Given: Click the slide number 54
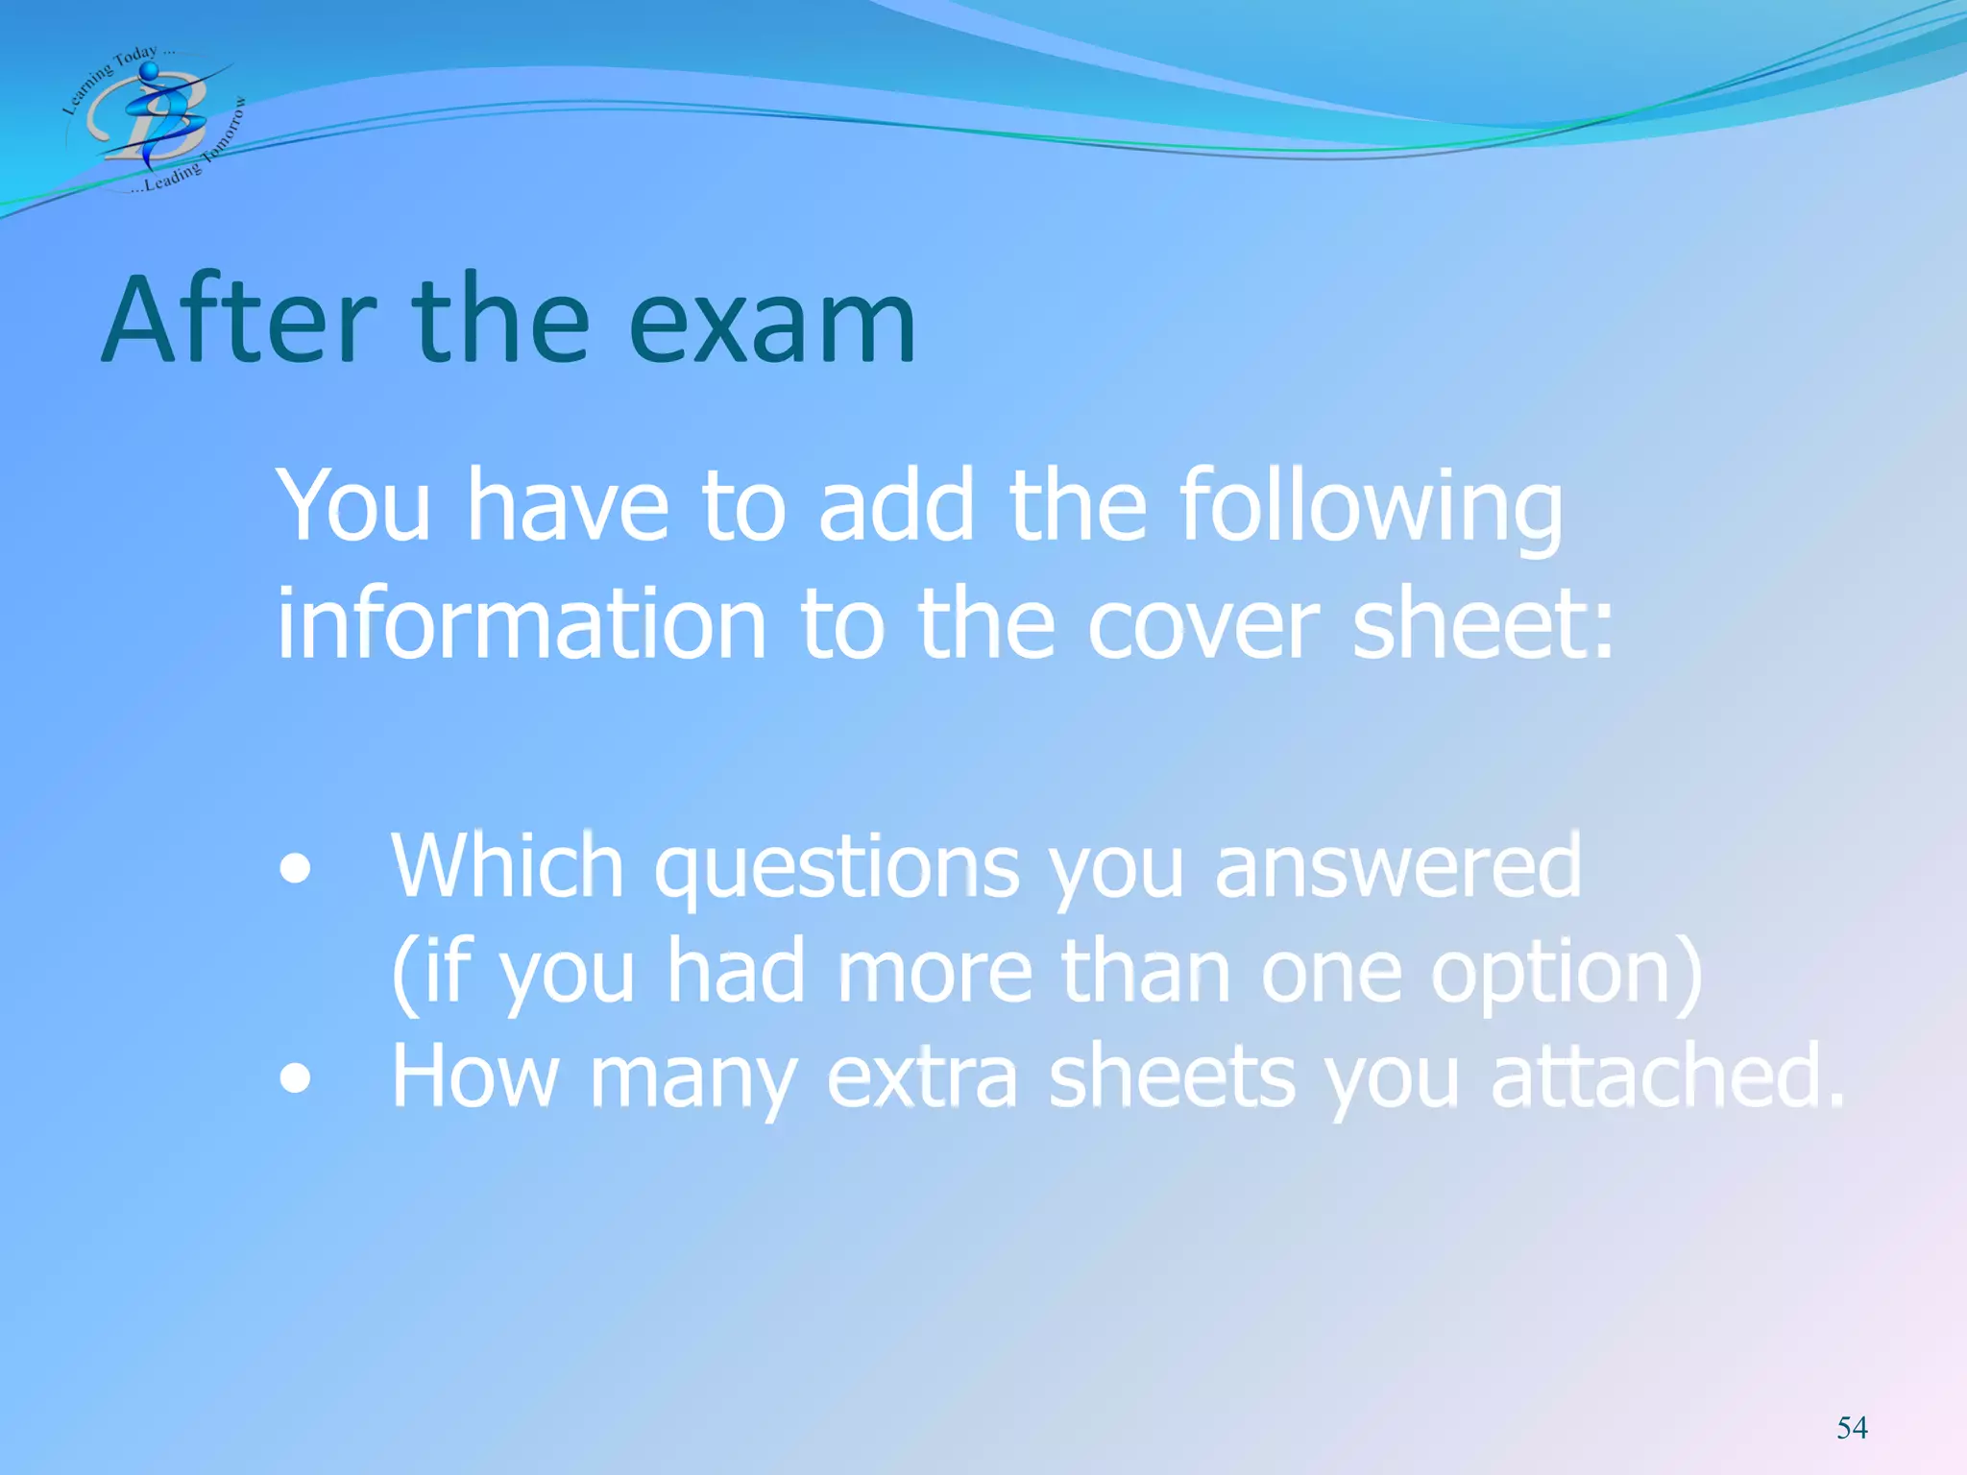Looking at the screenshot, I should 1852,1428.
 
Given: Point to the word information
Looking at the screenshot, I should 521,624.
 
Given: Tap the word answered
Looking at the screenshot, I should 1397,866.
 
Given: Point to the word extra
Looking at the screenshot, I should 921,1076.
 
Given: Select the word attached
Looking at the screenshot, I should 1666,1076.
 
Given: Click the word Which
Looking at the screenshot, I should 507,866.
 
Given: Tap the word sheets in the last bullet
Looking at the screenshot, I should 1171,1076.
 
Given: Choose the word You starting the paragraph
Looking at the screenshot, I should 353,507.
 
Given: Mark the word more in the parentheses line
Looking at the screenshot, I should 935,972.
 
